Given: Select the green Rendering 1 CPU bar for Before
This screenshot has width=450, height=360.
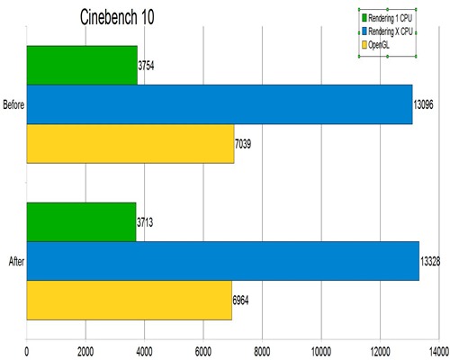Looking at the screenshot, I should pyautogui.click(x=82, y=66).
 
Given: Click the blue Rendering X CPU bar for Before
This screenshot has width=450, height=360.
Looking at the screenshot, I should pyautogui.click(x=220, y=105).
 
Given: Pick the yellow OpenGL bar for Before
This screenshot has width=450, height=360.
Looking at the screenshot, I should pyautogui.click(x=130, y=144).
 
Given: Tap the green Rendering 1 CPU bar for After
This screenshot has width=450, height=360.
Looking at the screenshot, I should pyautogui.click(x=81, y=222).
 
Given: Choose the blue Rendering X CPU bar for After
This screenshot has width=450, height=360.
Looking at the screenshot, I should pyautogui.click(x=222, y=261).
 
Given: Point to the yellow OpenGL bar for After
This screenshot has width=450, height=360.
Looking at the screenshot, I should pyautogui.click(x=130, y=300).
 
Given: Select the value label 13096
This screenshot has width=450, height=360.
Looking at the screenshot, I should pyautogui.click(x=427, y=105).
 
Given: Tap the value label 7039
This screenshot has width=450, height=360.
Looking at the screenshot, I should pyautogui.click(x=247, y=144).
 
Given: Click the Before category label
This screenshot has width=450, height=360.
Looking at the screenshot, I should pyautogui.click(x=13, y=105).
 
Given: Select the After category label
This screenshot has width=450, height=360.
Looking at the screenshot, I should pyautogui.click(x=15, y=261).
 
